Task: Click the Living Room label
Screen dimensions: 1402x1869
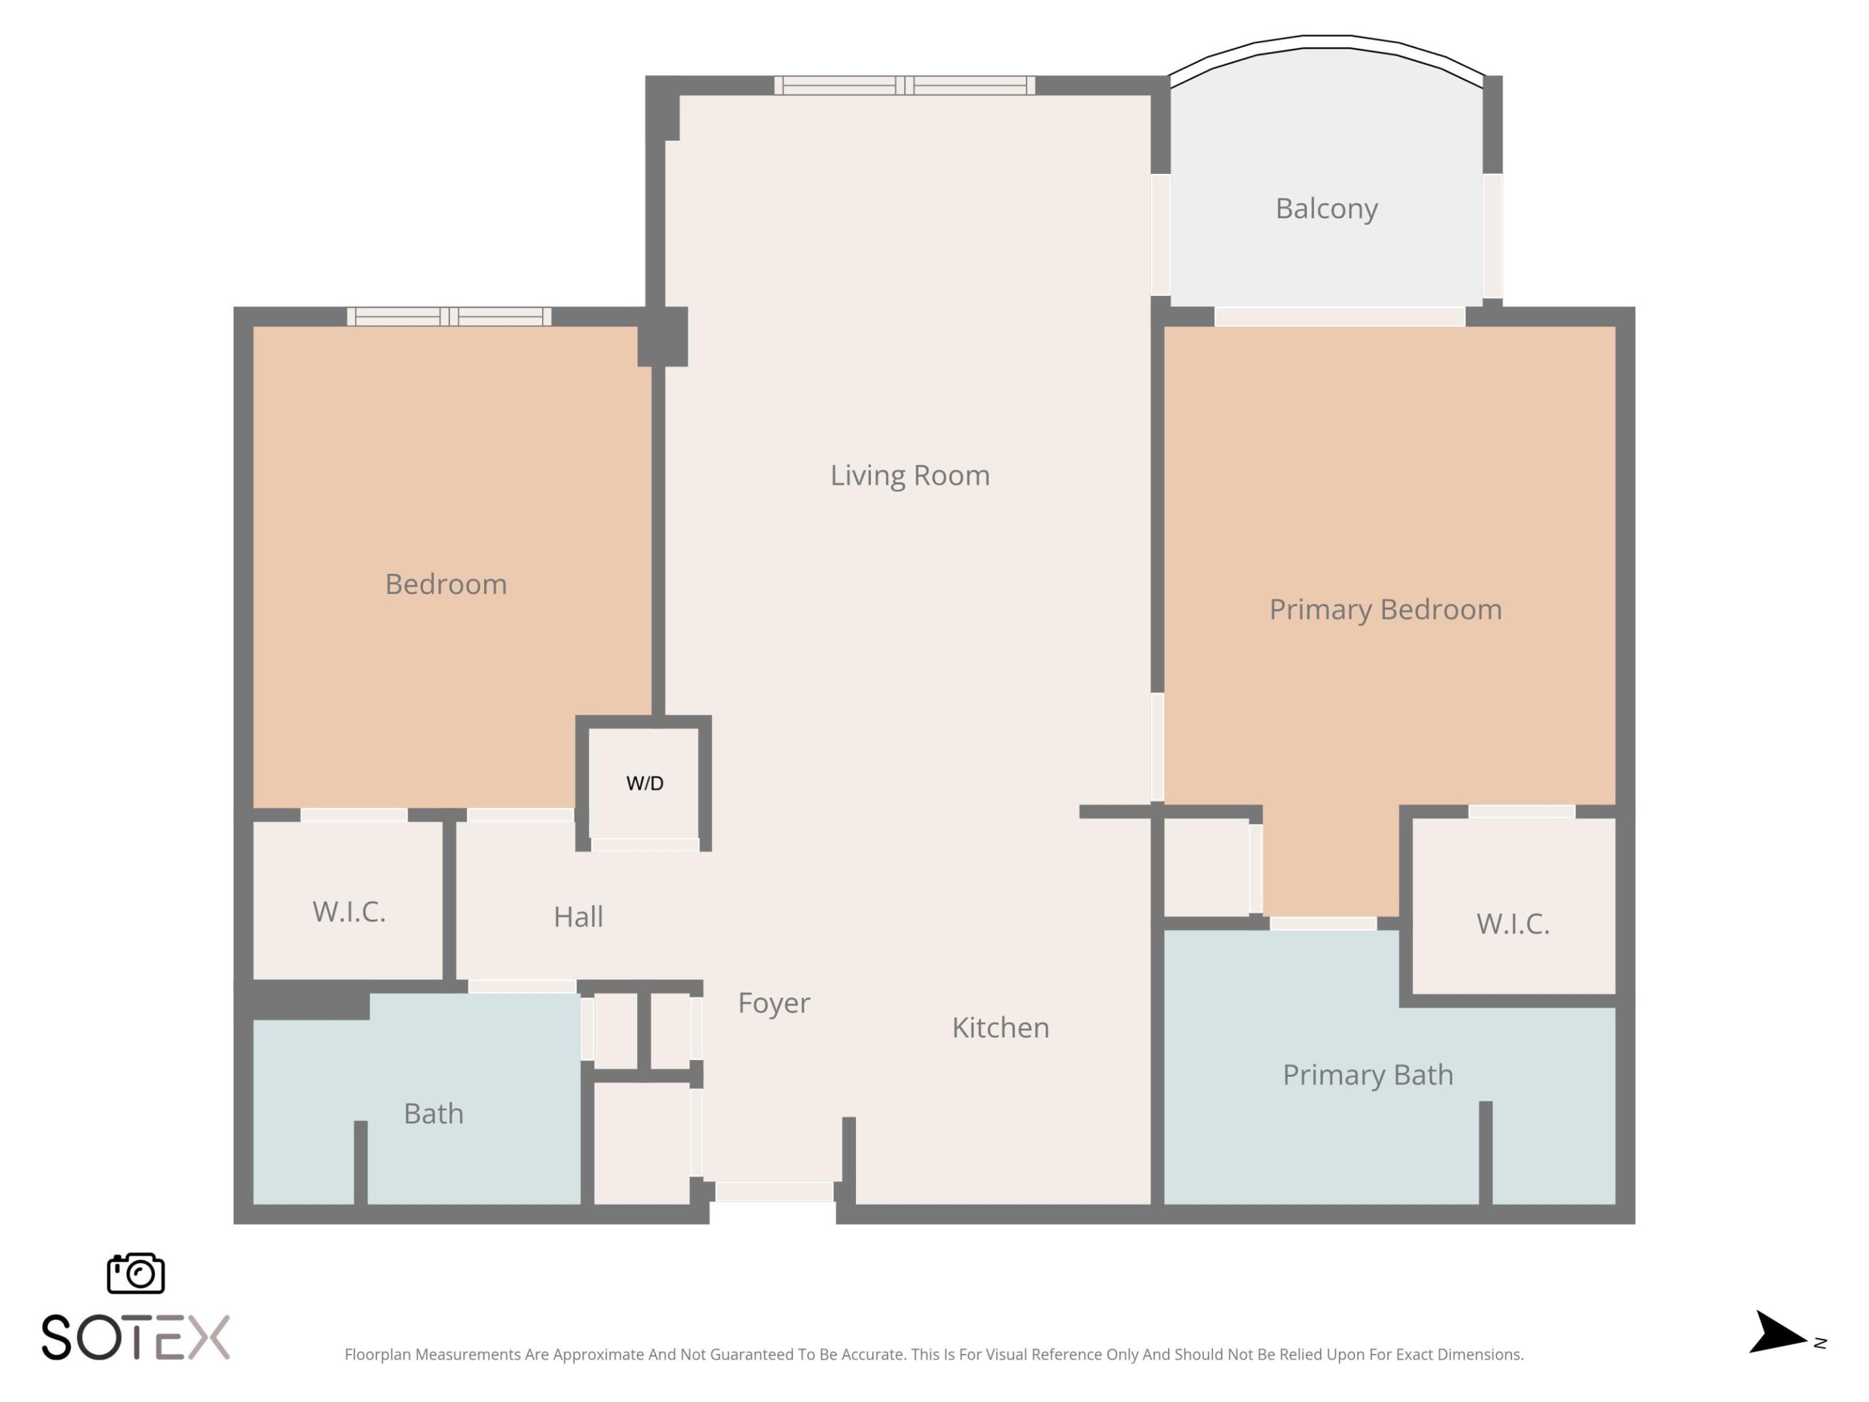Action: pyautogui.click(x=909, y=475)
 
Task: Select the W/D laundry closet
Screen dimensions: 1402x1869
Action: pyautogui.click(x=644, y=783)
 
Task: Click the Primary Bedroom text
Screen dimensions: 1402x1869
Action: pyautogui.click(x=1385, y=609)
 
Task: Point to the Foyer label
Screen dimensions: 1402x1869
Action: pyautogui.click(x=773, y=1002)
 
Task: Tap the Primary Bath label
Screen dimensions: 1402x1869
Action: pyautogui.click(x=1367, y=1074)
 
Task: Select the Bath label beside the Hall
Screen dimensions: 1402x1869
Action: pyautogui.click(x=433, y=1113)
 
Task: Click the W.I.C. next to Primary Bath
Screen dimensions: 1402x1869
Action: pyautogui.click(x=1513, y=924)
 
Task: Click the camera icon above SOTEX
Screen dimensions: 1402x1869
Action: pyautogui.click(x=135, y=1273)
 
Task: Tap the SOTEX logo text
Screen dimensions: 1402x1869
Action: pyautogui.click(x=135, y=1337)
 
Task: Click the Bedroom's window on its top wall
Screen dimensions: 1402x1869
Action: pyautogui.click(x=448, y=317)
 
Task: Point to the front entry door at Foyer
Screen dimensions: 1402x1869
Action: pyautogui.click(x=774, y=1192)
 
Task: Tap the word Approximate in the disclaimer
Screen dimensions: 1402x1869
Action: pyautogui.click(x=599, y=1355)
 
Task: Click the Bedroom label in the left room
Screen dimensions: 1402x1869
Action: pyautogui.click(x=445, y=584)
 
